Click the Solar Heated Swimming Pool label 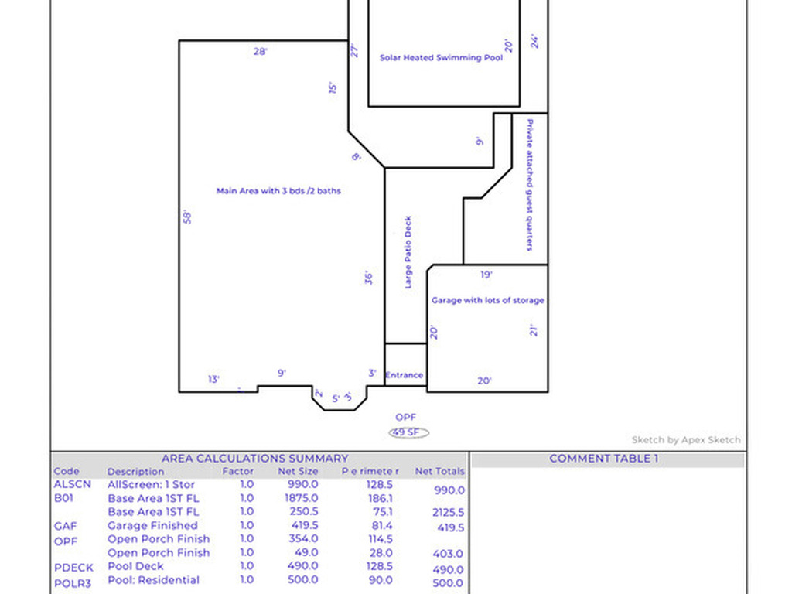[x=441, y=58]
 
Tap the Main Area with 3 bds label [x=278, y=190]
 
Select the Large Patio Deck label [x=408, y=252]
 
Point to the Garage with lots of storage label [x=487, y=300]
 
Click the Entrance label [x=405, y=375]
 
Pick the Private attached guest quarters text [x=530, y=185]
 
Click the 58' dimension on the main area [x=187, y=217]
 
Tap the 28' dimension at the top [x=261, y=52]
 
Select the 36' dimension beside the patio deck [x=370, y=277]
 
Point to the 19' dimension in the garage [x=486, y=275]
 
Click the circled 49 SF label [x=408, y=433]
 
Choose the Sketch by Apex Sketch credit [x=686, y=440]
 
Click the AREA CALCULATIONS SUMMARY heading [x=254, y=459]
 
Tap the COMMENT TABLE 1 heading [x=604, y=459]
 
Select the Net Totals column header [x=440, y=471]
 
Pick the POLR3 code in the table [x=73, y=582]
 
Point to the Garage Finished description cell [x=152, y=526]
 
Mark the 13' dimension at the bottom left [x=214, y=379]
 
